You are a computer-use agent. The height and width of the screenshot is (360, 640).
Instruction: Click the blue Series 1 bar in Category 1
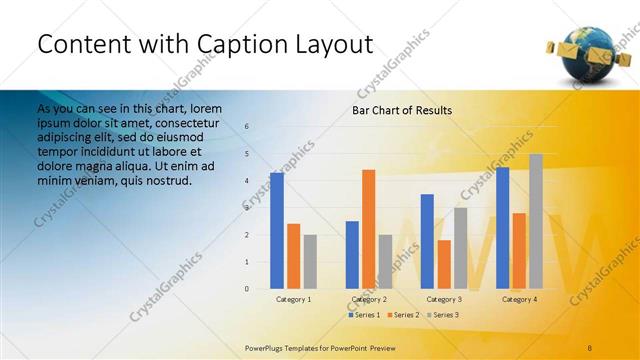pyautogui.click(x=277, y=231)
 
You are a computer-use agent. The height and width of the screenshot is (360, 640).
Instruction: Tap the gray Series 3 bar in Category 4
pyautogui.click(x=536, y=221)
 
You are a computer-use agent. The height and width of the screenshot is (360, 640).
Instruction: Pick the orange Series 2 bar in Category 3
pyautogui.click(x=444, y=264)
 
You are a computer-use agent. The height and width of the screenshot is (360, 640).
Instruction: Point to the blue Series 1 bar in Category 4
pyautogui.click(x=502, y=228)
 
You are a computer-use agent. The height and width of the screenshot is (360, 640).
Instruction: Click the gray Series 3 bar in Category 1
pyautogui.click(x=310, y=262)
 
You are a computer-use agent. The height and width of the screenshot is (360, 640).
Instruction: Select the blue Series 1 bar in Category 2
pyautogui.click(x=352, y=255)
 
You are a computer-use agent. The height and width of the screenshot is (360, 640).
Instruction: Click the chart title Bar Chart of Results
pyautogui.click(x=401, y=110)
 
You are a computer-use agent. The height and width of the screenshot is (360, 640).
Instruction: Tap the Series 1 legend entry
pyautogui.click(x=363, y=315)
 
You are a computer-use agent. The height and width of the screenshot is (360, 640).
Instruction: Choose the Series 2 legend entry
pyautogui.click(x=402, y=315)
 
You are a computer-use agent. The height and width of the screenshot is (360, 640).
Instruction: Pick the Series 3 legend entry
pyautogui.click(x=442, y=315)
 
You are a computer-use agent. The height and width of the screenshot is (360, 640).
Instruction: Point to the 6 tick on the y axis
pyautogui.click(x=247, y=127)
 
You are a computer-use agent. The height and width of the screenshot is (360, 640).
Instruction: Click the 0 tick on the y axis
pyautogui.click(x=247, y=289)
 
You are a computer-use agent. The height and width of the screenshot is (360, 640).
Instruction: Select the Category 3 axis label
pyautogui.click(x=444, y=299)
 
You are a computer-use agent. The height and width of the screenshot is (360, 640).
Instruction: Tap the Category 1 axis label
pyautogui.click(x=293, y=299)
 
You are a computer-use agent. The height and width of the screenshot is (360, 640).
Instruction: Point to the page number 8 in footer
pyautogui.click(x=590, y=346)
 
